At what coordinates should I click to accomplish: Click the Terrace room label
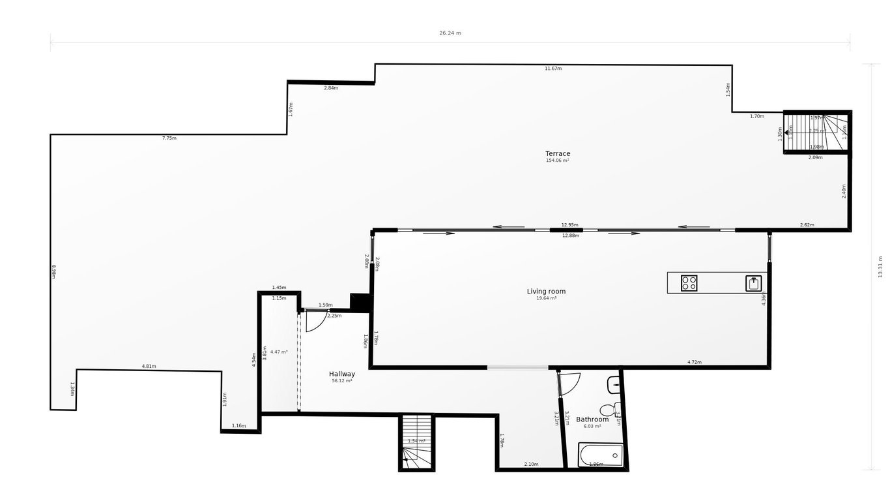coord(558,154)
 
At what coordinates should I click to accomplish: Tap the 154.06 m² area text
coord(558,160)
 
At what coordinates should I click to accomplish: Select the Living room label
coord(546,292)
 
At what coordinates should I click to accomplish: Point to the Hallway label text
coord(342,374)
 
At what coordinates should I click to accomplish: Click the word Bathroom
coord(592,419)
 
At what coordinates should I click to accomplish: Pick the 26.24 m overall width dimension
coord(450,33)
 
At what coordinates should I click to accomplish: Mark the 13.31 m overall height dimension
coord(880,266)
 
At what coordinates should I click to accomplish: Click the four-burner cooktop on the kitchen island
coord(689,283)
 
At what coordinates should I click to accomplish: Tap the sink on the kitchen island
coord(754,283)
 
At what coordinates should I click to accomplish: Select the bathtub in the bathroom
coord(601,455)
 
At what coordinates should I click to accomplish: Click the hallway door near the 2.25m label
coord(316,321)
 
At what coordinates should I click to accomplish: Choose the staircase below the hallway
coord(416,442)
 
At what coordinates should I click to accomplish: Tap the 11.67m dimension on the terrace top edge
coord(553,68)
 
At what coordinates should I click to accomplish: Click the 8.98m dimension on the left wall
coord(54,271)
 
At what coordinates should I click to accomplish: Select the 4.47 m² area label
coord(279,352)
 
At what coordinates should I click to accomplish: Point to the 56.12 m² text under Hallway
coord(342,381)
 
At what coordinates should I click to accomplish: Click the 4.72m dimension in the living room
coord(695,362)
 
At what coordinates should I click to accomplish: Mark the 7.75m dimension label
coord(169,138)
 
